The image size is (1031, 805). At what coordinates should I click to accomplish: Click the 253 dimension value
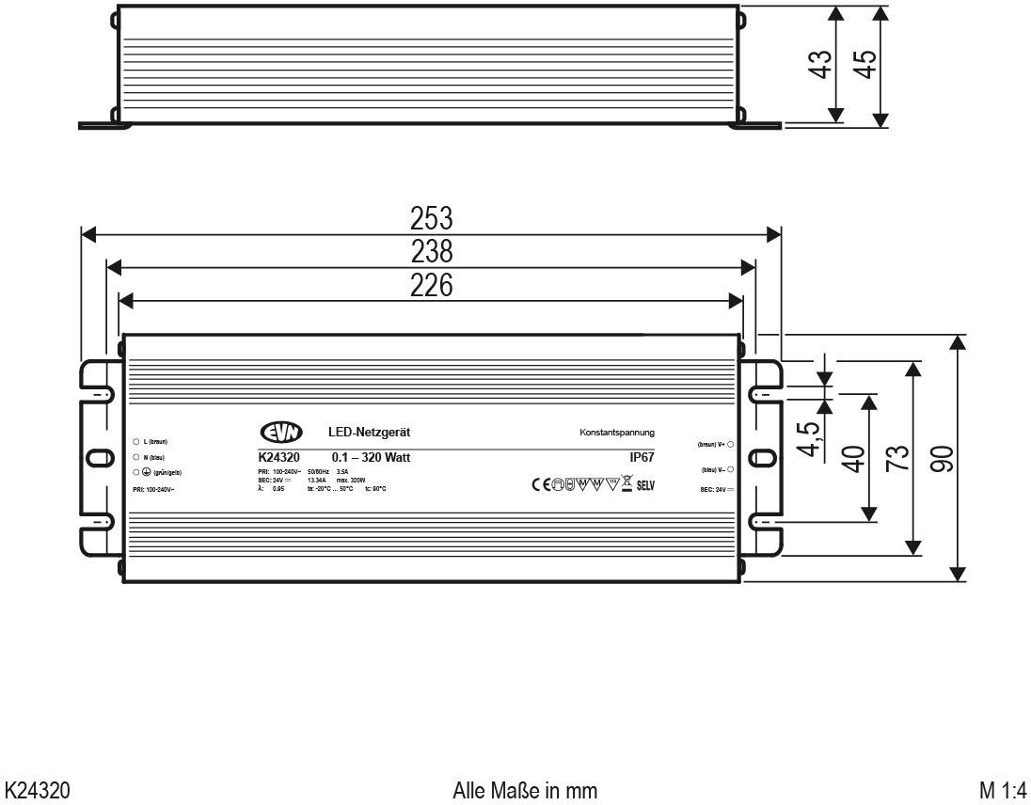tap(432, 218)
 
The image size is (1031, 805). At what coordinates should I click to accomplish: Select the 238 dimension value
tap(432, 252)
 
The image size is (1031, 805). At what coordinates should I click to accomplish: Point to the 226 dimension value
tap(432, 285)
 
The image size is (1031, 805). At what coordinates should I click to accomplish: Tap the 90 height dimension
tap(942, 458)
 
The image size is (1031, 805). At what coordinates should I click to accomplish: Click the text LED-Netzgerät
tap(369, 433)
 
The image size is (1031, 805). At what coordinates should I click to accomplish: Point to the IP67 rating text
tap(642, 458)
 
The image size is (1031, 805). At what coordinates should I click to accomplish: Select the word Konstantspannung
tap(617, 433)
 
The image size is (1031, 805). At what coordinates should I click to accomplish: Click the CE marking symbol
tap(541, 485)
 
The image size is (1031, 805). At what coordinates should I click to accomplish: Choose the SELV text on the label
tap(645, 486)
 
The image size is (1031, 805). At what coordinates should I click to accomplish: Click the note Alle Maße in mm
tap(525, 788)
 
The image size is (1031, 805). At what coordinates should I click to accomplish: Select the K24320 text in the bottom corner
tap(40, 788)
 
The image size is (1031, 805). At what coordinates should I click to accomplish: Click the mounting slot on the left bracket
tap(96, 458)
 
